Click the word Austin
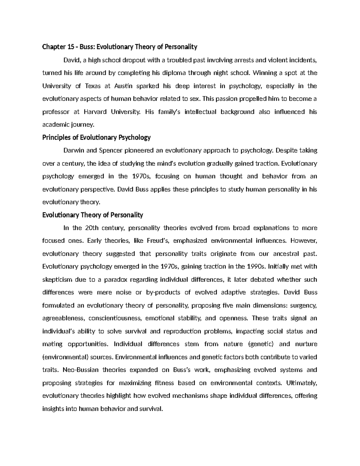coord(123,86)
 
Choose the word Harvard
coord(95,112)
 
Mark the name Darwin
coord(73,150)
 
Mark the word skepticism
coord(57,280)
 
